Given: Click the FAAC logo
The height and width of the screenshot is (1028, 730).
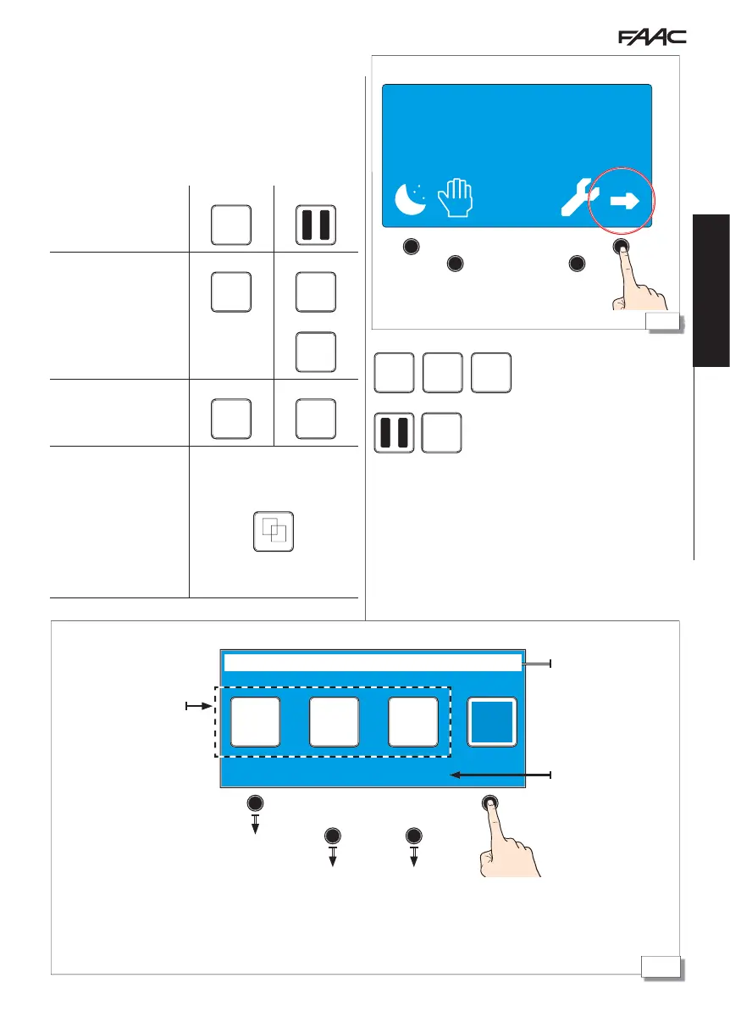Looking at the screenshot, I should coord(650,38).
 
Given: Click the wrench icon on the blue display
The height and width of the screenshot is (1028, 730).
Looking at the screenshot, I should coord(580,200).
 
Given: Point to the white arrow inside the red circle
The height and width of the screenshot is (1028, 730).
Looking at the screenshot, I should coord(624,201).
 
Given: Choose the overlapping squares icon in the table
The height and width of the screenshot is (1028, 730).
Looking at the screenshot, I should coord(274,531).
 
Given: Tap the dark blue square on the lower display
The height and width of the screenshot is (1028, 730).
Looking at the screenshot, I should coord(492,722).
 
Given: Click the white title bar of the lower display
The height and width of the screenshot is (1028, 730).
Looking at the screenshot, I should coord(371,663).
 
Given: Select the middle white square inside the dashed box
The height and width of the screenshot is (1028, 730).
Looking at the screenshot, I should coord(334,722).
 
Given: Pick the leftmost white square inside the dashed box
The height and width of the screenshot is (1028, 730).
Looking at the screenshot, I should coord(256,722).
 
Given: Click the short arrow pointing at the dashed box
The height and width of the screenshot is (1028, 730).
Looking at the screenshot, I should coord(199,703).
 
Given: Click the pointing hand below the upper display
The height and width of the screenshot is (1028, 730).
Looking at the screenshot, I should coord(633,281).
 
